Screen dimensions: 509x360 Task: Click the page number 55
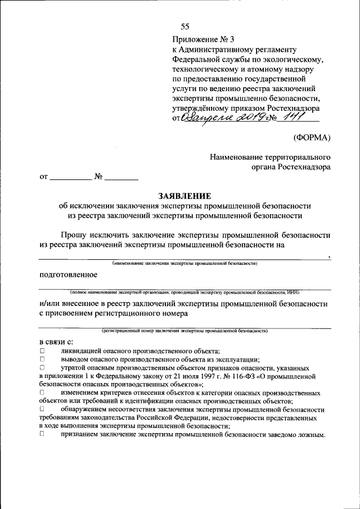coord(185,27)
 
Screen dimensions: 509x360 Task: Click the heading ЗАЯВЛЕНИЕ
coord(184,196)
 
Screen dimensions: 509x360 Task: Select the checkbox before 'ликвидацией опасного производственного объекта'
coord(42,350)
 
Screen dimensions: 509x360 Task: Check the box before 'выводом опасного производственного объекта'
coord(42,358)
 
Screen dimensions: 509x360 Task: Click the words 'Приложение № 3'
coord(200,39)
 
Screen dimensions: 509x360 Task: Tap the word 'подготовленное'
coord(68,274)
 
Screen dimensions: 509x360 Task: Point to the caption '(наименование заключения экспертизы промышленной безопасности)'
coord(184,263)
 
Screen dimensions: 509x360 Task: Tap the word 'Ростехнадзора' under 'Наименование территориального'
coord(304,166)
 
